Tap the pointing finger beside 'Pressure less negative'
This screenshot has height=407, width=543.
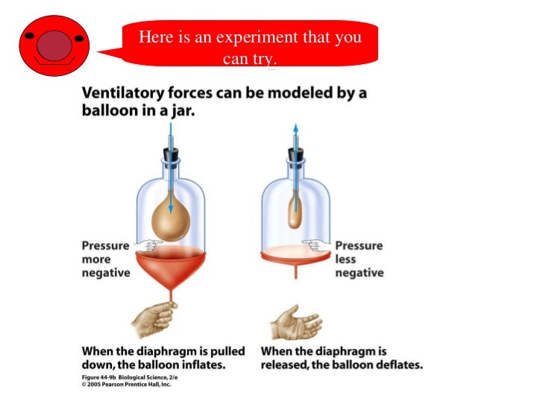(316, 244)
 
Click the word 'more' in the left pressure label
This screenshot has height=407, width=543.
(96, 259)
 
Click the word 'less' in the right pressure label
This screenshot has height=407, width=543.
(346, 259)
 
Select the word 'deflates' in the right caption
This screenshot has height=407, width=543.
(396, 365)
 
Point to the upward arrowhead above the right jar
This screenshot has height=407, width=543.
(295, 129)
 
